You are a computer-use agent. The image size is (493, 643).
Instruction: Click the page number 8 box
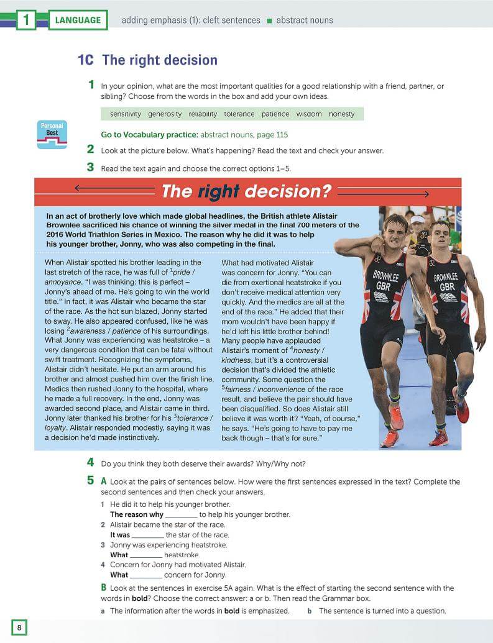(x=19, y=627)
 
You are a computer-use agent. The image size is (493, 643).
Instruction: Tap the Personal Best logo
(x=52, y=134)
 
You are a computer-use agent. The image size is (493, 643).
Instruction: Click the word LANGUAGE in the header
(x=78, y=20)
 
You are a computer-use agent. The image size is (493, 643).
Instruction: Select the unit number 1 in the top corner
(x=25, y=20)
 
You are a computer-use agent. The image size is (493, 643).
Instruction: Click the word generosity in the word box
(x=165, y=114)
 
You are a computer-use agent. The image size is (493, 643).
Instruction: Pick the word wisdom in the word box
(x=309, y=114)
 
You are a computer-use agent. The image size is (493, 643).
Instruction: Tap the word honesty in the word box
(x=341, y=114)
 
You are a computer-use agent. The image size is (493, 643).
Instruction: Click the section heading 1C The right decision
(x=147, y=60)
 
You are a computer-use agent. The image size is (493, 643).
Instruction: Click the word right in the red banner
(x=218, y=191)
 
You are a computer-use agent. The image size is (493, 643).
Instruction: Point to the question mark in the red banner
(x=326, y=191)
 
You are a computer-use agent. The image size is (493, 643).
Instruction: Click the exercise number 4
(x=91, y=463)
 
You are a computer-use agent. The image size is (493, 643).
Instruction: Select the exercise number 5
(x=91, y=481)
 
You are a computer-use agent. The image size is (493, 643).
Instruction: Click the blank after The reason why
(x=182, y=515)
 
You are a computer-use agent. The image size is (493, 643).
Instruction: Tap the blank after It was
(x=148, y=535)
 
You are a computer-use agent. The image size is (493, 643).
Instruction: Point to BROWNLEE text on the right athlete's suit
(x=446, y=278)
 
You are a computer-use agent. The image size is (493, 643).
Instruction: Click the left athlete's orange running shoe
(x=396, y=417)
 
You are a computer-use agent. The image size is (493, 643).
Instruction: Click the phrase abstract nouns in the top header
(x=305, y=20)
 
